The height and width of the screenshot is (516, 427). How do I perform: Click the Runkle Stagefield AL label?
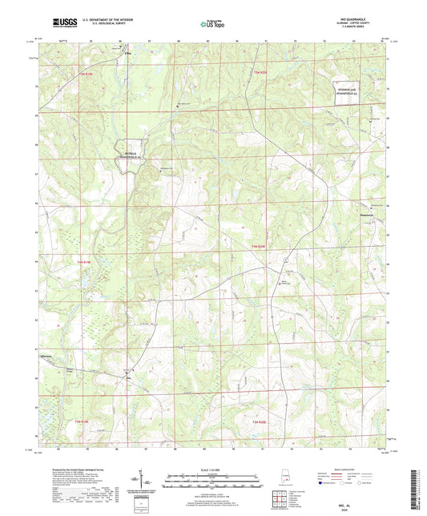(x=133, y=154)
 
